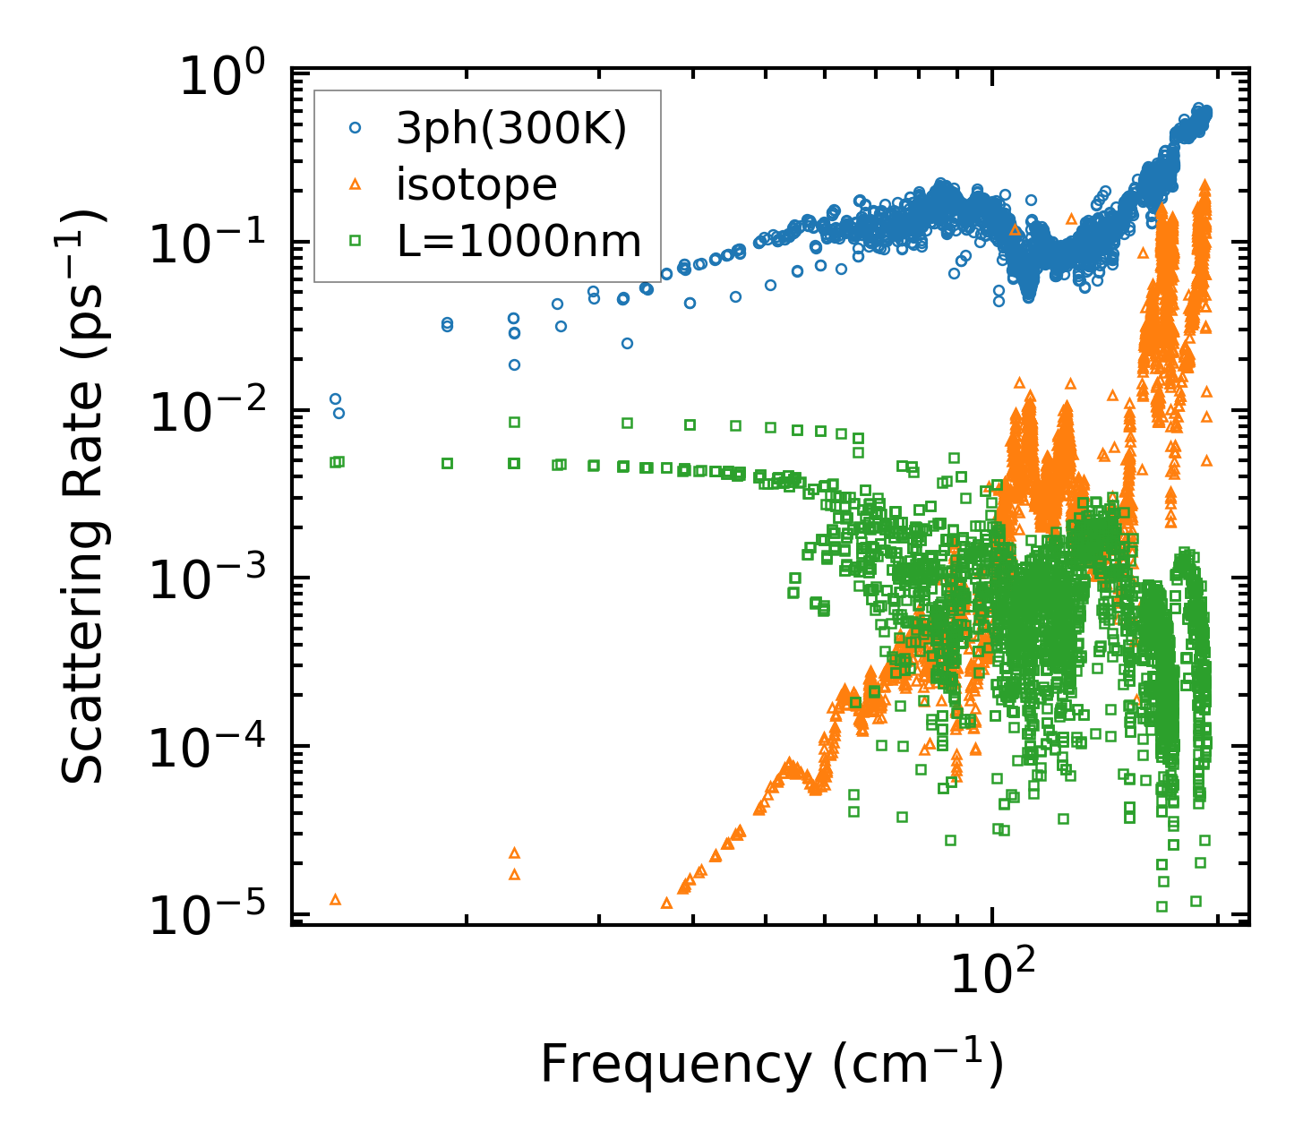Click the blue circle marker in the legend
tap(355, 128)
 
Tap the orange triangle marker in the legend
tap(355, 184)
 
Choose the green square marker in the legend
tap(355, 240)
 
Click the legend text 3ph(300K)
tap(511, 130)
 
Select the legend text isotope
tap(476, 185)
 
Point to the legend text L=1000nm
tap(519, 241)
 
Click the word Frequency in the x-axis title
tap(675, 1066)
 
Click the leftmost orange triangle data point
tap(336, 899)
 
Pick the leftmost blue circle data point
tap(335, 398)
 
